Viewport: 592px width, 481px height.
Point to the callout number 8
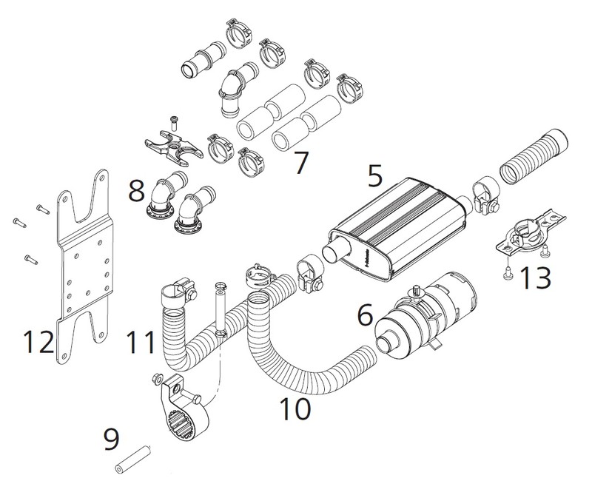[135, 195]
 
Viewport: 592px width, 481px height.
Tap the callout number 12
[39, 343]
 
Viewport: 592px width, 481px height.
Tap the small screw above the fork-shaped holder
[174, 119]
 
